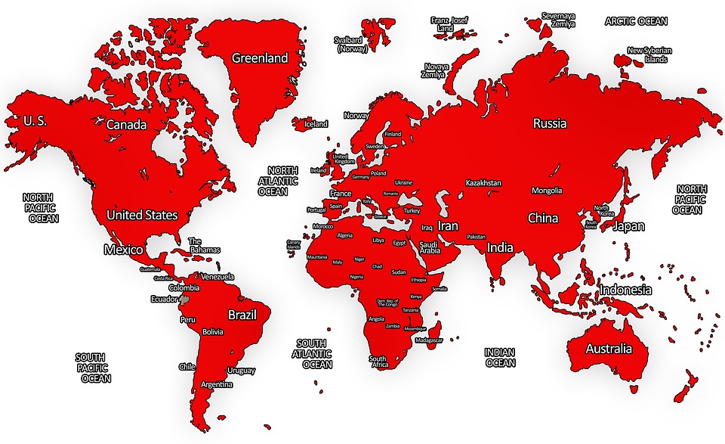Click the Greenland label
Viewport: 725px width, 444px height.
260,58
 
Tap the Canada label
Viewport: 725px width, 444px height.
126,124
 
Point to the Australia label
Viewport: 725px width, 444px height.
609,349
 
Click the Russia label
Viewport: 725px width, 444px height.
550,123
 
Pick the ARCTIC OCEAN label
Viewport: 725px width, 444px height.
636,21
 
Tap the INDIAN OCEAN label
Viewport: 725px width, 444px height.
500,357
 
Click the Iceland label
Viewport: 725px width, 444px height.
316,124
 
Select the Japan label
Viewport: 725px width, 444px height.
628,226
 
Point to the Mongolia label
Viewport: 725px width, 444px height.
547,191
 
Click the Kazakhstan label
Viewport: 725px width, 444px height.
483,183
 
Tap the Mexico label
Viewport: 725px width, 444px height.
123,250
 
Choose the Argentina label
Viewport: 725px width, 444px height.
217,384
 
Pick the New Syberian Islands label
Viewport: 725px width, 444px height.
649,55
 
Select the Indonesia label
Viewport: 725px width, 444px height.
625,290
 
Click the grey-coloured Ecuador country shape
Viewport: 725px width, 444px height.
184,303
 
